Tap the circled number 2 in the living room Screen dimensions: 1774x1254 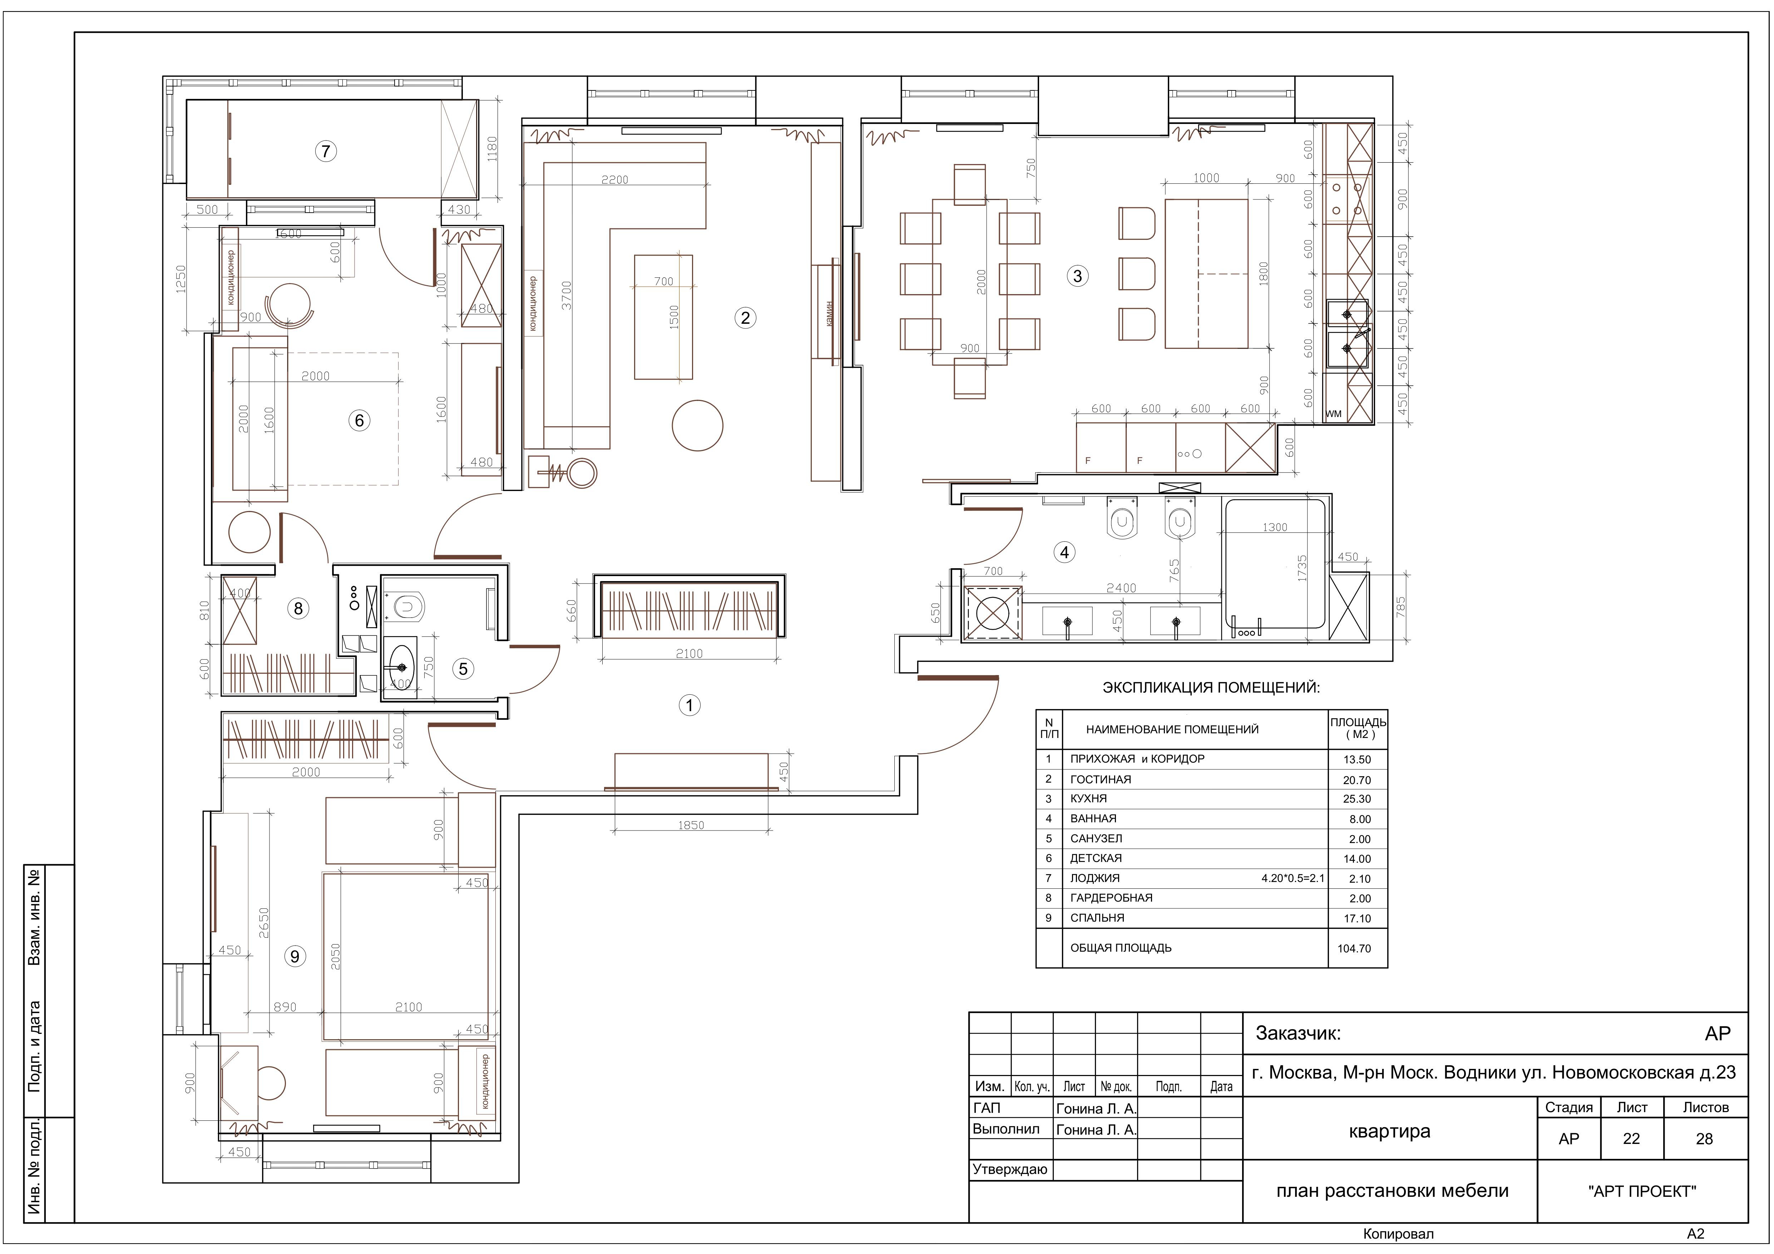click(x=745, y=318)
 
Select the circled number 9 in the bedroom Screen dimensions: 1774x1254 click(x=295, y=957)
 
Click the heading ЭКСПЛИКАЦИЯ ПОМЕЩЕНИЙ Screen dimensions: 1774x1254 click(x=1211, y=687)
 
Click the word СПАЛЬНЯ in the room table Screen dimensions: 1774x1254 click(x=1097, y=918)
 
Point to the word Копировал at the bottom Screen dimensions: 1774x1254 click(x=1398, y=1234)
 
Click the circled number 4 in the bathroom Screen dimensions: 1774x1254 click(x=1065, y=552)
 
